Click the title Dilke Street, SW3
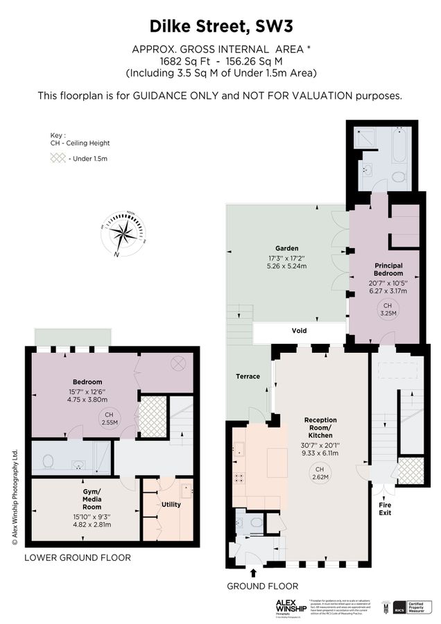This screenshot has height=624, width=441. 221,27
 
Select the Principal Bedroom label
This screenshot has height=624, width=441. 388,269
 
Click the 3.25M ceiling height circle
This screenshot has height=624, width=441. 388,309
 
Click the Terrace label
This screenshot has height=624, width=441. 248,376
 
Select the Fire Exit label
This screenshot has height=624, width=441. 384,510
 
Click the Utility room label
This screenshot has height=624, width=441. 171,504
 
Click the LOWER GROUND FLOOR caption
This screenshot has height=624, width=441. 78,557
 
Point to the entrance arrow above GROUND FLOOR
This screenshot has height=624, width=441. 254,573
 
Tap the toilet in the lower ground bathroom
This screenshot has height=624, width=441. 49,460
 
